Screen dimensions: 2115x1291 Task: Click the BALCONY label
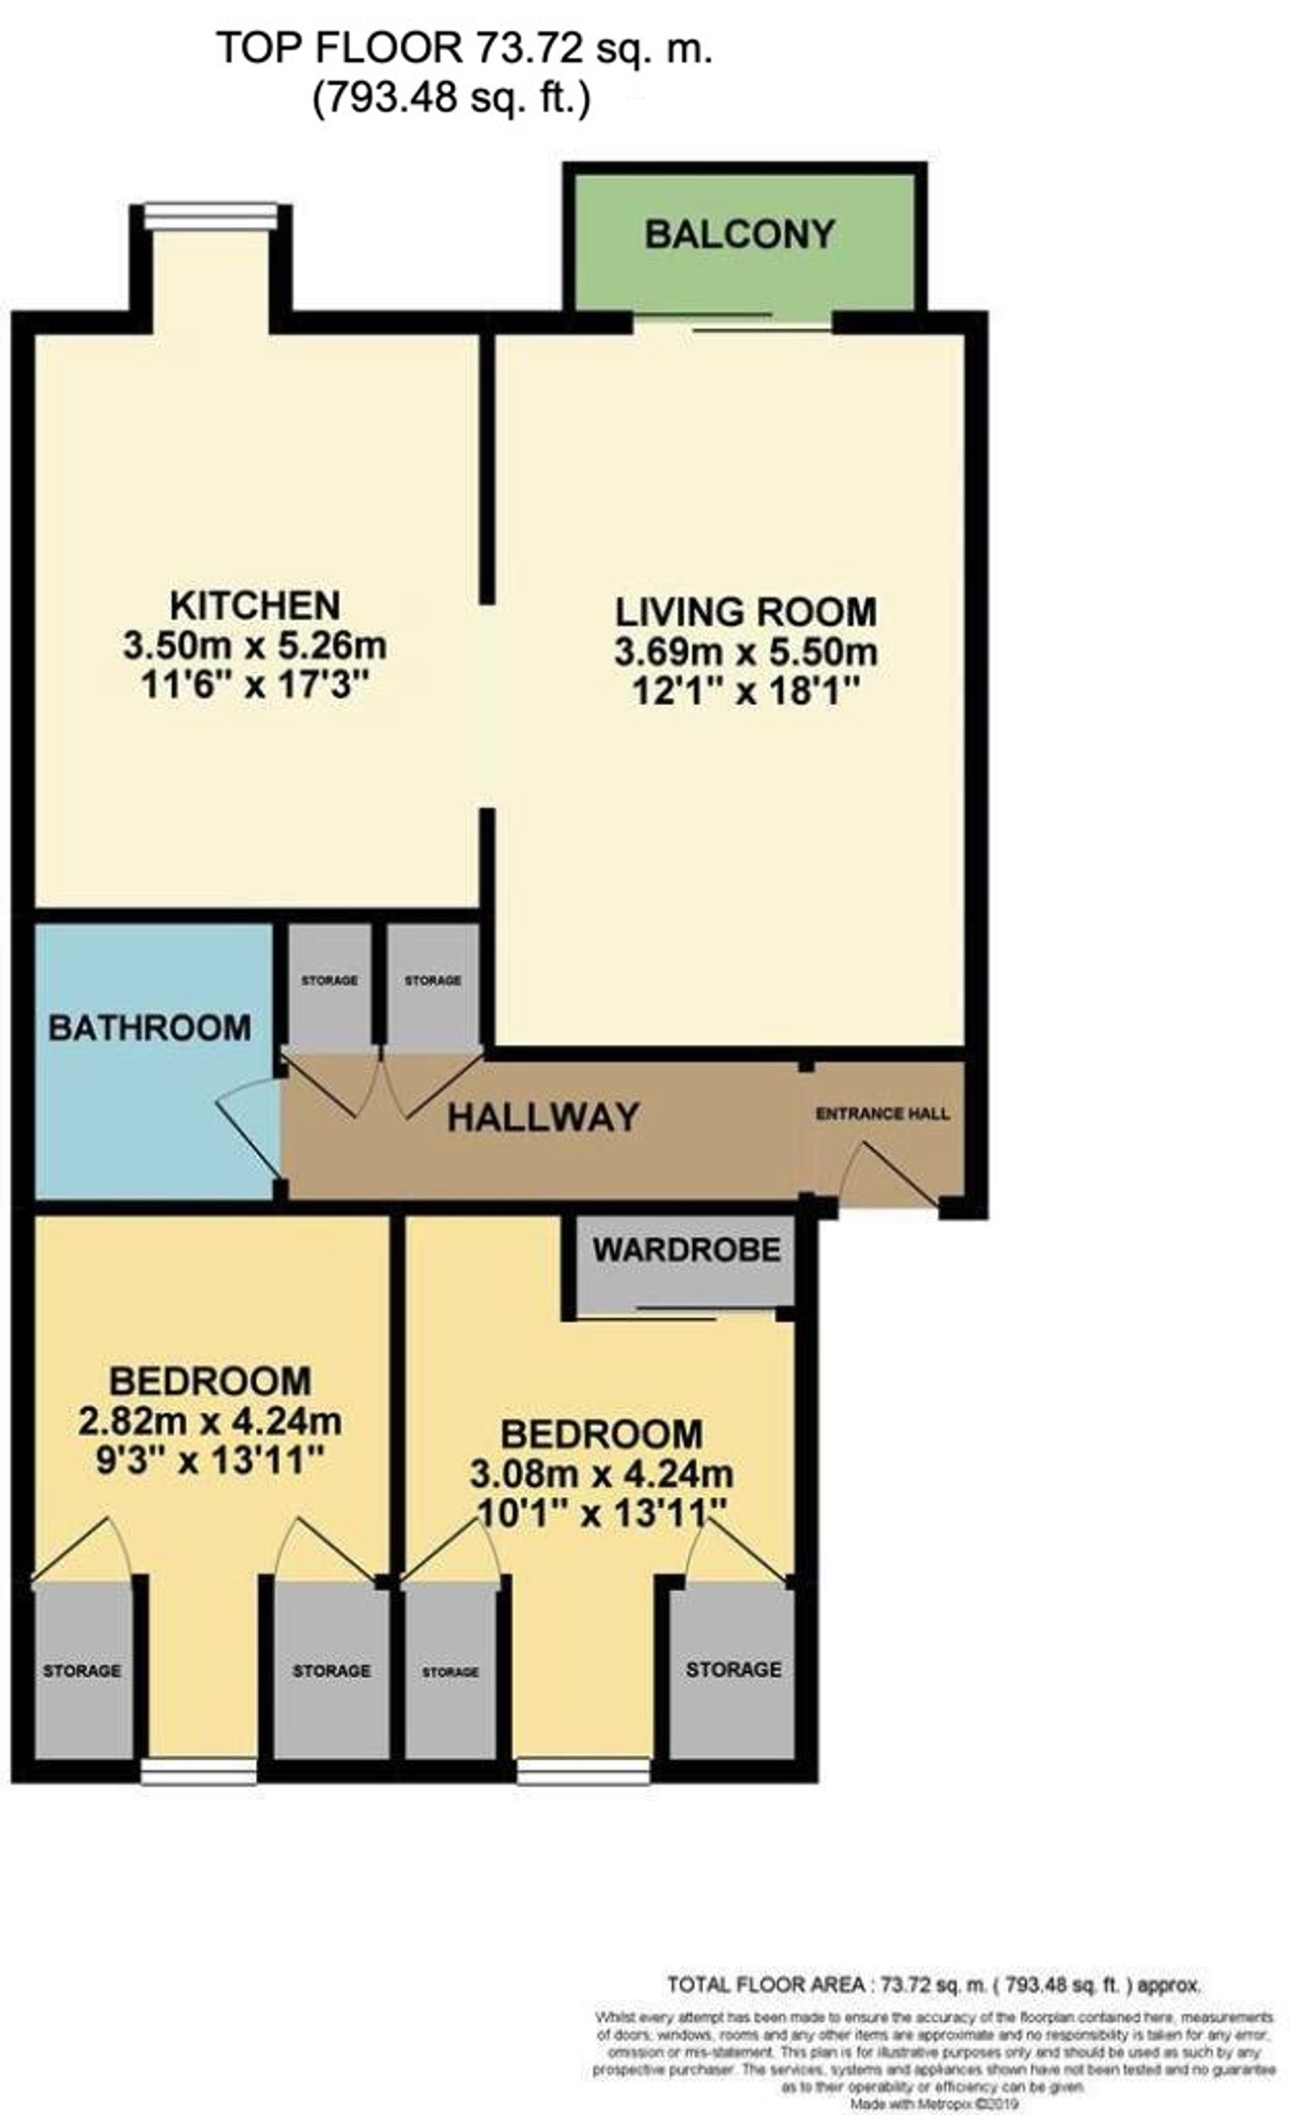click(739, 234)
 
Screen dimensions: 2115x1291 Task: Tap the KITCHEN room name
click(255, 605)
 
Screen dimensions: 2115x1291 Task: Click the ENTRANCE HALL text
click(882, 1114)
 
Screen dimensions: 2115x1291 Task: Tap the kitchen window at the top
click(211, 216)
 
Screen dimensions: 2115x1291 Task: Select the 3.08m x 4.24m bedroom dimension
click(601, 1475)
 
